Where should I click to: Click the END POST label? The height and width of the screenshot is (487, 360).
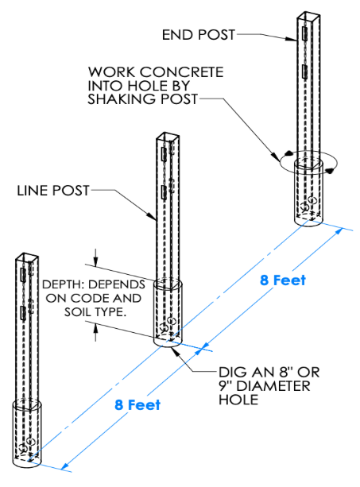click(x=199, y=34)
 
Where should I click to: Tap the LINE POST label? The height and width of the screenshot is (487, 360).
click(x=53, y=191)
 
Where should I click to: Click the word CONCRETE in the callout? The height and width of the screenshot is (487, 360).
click(x=182, y=72)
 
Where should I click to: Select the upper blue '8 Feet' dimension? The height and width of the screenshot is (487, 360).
click(x=283, y=280)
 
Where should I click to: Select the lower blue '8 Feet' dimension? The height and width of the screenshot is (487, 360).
click(x=137, y=404)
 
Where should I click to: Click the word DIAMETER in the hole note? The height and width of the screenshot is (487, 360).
click(x=273, y=386)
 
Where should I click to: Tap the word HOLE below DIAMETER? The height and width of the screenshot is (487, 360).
click(x=238, y=400)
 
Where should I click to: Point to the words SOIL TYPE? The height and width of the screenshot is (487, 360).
click(x=95, y=312)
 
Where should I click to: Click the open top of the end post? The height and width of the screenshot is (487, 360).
click(x=308, y=16)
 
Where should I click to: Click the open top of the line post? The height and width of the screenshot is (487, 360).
click(x=168, y=137)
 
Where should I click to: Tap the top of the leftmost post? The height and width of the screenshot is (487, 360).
click(x=27, y=257)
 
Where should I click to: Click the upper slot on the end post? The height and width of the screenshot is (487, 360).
click(x=304, y=33)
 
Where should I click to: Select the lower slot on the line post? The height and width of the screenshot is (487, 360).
click(x=164, y=192)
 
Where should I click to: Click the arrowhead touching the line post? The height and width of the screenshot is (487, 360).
click(x=152, y=216)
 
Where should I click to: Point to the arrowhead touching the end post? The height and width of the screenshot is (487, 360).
click(x=291, y=39)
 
